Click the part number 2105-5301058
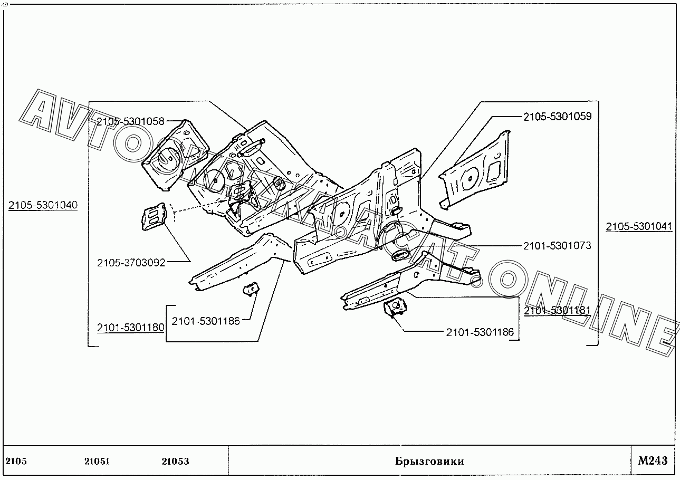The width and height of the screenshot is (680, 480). click(x=130, y=121)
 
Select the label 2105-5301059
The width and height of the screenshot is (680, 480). click(x=558, y=116)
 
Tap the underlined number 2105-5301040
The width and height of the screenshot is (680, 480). click(x=43, y=205)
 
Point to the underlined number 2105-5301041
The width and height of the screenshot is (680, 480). click(x=639, y=226)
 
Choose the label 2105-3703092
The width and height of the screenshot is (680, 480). click(x=131, y=263)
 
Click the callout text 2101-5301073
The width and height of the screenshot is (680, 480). click(x=558, y=246)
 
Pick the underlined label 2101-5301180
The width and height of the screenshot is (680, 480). click(x=130, y=328)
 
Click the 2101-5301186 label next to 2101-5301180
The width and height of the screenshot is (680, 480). click(x=206, y=321)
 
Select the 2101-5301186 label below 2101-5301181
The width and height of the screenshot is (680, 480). click(x=480, y=332)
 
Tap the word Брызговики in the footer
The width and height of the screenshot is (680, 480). click(x=429, y=461)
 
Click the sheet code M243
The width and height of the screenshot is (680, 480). click(x=653, y=460)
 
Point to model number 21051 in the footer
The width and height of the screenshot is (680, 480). click(x=97, y=461)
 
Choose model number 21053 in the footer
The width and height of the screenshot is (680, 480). click(x=176, y=461)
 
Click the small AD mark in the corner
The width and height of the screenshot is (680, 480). click(x=5, y=5)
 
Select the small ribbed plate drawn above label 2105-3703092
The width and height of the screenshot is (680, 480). click(x=155, y=216)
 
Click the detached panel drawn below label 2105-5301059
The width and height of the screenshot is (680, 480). click(x=475, y=170)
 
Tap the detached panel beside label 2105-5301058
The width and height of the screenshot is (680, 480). click(x=176, y=155)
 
